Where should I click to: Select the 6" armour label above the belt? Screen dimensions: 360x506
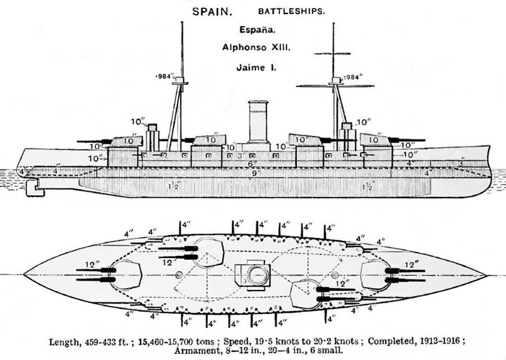click(254, 164)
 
